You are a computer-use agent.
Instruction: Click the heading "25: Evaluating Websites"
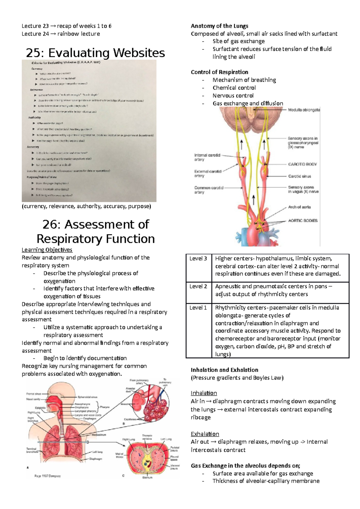tap(95, 53)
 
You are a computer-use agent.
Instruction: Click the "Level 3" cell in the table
tap(198, 259)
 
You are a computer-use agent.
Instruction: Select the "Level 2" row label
tap(198, 287)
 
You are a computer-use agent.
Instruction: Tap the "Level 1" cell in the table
tap(198, 308)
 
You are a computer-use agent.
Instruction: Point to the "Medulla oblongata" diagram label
tap(304, 110)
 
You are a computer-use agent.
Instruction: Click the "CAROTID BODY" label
tap(302, 164)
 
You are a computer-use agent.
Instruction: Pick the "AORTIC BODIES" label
tap(303, 221)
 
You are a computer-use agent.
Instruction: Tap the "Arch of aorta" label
tap(299, 207)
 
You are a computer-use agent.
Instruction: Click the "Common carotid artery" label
tap(209, 190)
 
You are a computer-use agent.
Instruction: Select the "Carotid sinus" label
tap(299, 176)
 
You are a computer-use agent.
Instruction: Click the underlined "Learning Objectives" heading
tap(47, 250)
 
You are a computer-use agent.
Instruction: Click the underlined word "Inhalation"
tap(204, 393)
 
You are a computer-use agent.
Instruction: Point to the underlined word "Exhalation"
tap(205, 434)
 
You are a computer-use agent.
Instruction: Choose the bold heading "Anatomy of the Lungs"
tap(219, 26)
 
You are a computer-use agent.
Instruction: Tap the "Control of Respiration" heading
tap(219, 72)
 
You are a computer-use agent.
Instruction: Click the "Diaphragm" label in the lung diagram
tap(96, 459)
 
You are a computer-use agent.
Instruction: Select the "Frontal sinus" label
tap(34, 394)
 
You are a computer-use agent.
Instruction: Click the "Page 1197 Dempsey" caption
tap(47, 476)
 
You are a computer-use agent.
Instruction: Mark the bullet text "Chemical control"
tap(234, 88)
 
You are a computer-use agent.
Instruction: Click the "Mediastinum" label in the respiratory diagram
tap(99, 434)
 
